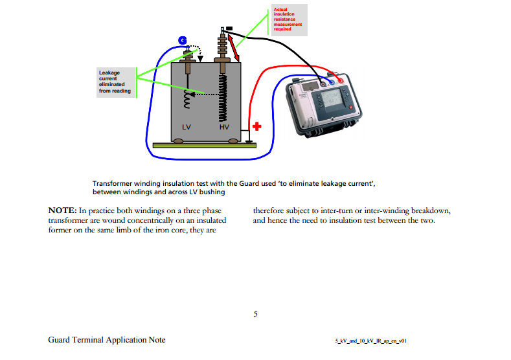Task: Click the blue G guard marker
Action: pos(183,41)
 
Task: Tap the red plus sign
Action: pos(256,126)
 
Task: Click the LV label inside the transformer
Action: pos(187,127)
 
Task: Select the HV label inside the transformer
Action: pos(224,127)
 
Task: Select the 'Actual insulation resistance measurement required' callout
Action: pos(288,19)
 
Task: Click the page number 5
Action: pos(255,314)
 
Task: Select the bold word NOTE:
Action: pos(63,211)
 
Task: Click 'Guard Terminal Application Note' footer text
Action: pos(106,340)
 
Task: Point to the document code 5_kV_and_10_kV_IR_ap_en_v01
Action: pos(370,341)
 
